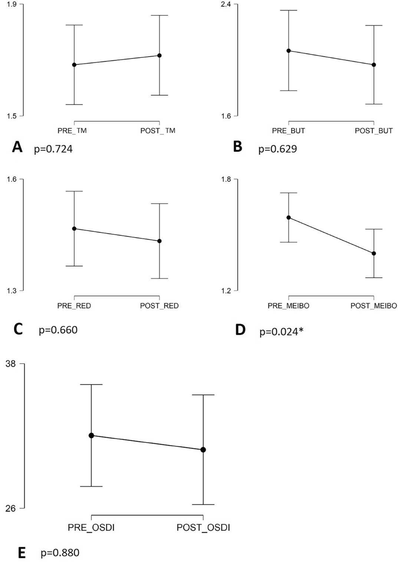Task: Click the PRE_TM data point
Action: tap(74, 65)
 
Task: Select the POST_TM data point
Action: tap(159, 56)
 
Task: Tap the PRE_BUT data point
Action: tap(289, 51)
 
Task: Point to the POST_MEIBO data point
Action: tap(374, 254)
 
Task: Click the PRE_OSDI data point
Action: tap(91, 435)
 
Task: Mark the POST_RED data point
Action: tap(159, 241)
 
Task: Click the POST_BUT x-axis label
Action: tap(374, 131)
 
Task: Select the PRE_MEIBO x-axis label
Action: tap(289, 306)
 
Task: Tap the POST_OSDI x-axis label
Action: tap(203, 528)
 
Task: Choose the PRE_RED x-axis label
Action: tap(74, 306)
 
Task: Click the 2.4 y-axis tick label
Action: tap(226, 4)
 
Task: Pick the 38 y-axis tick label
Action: tap(11, 364)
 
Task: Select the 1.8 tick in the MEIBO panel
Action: tap(226, 179)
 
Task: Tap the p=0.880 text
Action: tap(60, 553)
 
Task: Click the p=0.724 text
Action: tap(53, 149)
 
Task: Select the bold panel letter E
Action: tap(22, 553)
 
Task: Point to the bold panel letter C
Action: tap(18, 329)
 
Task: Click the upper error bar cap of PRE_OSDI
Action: tap(91, 385)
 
